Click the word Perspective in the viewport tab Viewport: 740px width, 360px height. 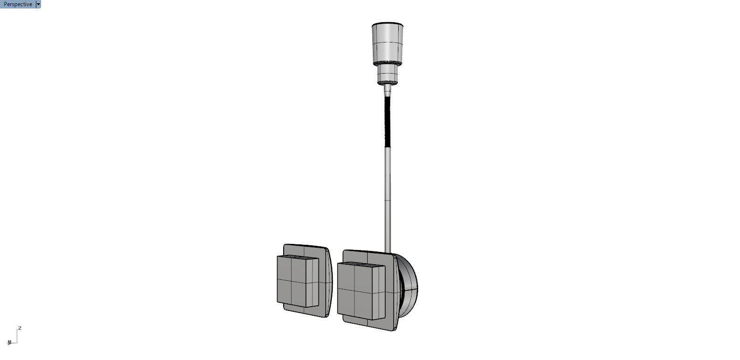tap(18, 4)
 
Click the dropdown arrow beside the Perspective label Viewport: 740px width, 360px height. tap(38, 4)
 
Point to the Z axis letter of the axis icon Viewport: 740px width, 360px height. tap(20, 328)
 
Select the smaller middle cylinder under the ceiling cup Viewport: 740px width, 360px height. tap(388, 73)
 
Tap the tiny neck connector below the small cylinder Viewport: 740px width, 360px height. tap(388, 89)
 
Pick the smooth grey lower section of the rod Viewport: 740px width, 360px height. tap(387, 198)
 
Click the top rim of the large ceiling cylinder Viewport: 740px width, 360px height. tap(387, 24)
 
